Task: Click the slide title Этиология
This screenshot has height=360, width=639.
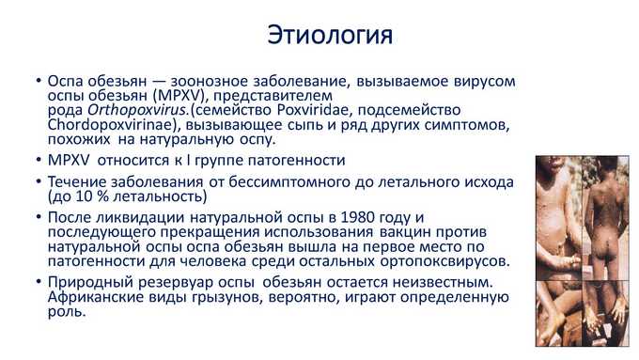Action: tap(330, 36)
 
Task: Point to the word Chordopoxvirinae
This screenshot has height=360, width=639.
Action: tap(111, 125)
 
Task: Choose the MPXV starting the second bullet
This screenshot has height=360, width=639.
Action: tap(69, 160)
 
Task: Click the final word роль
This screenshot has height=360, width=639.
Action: tap(67, 312)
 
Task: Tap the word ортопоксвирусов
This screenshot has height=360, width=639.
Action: tap(444, 261)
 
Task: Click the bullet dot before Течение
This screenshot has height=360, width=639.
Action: tap(39, 180)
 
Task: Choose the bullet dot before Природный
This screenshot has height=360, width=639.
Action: tap(39, 281)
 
